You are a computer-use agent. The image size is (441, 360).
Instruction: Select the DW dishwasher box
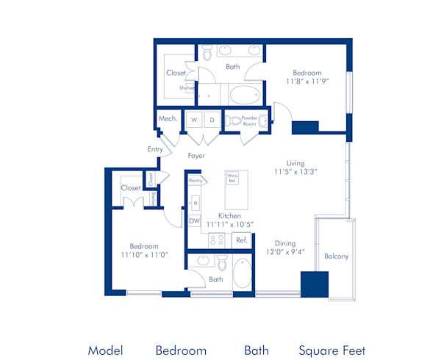195,220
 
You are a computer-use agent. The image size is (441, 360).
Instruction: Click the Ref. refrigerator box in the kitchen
240,240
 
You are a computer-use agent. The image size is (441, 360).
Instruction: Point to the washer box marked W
195,119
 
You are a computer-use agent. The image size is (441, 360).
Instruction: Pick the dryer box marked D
212,119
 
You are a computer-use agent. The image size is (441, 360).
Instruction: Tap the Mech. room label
167,118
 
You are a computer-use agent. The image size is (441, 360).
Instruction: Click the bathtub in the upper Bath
244,95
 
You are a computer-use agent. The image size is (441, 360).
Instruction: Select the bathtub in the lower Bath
242,274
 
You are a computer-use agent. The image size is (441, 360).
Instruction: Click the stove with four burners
217,240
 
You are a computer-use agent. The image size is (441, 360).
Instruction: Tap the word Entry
155,149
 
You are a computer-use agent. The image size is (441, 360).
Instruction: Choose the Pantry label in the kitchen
195,180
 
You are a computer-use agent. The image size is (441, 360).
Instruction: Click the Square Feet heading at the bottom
331,350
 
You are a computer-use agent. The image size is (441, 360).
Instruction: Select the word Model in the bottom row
105,350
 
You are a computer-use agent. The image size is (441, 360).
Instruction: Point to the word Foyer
196,156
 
